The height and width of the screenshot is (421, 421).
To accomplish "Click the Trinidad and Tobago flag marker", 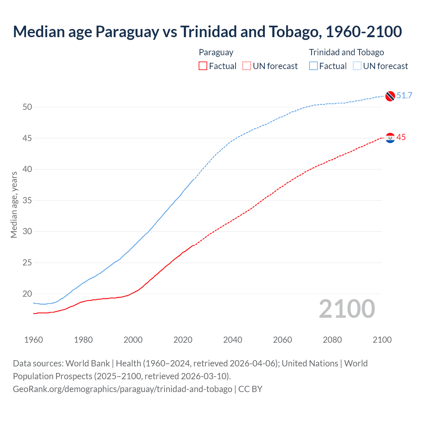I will tap(390, 96).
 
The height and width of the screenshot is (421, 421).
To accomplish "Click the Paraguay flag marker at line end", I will tap(390, 138).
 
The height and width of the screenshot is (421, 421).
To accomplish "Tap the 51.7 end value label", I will tap(404, 95).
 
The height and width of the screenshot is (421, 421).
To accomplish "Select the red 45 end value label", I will tap(401, 137).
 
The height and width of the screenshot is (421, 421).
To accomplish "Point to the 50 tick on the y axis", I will tap(27, 107).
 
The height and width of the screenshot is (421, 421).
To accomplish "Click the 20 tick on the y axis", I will tap(27, 294).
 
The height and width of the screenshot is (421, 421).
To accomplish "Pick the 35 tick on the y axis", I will tap(27, 200).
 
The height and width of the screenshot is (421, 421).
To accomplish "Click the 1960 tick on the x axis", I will tap(34, 340).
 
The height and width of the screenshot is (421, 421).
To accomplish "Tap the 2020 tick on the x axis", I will tap(183, 340).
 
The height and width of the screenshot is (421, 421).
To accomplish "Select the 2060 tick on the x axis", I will tap(283, 340).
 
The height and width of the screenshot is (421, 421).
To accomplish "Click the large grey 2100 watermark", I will tap(347, 309).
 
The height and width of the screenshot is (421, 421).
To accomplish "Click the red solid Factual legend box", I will tap(203, 66).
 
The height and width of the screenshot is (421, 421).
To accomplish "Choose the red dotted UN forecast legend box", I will tap(247, 66).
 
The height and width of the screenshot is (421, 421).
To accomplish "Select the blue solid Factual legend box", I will tap(313, 66).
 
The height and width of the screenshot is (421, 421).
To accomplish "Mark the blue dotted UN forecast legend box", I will tap(357, 66).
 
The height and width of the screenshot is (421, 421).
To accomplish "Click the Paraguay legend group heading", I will tap(216, 52).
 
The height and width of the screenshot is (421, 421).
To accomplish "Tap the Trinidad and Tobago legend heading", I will tap(346, 52).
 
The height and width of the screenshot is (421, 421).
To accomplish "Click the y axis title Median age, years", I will tap(14, 205).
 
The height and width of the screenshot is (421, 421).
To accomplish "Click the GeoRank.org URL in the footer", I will tap(122, 389).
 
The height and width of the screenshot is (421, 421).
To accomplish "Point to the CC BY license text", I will tap(250, 389).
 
